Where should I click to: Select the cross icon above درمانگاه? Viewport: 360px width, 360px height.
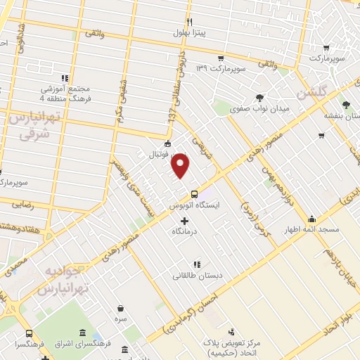click(185, 221)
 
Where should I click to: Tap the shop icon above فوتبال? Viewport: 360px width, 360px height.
click(167, 145)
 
